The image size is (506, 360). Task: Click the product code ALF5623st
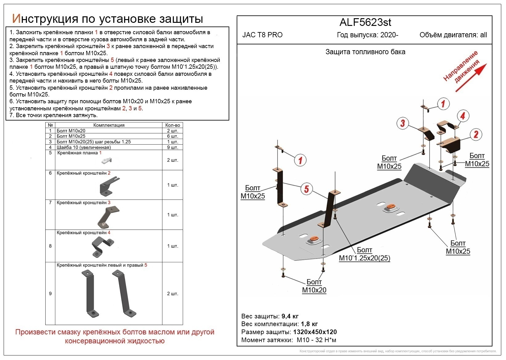365,22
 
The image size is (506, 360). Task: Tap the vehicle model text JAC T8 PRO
262,35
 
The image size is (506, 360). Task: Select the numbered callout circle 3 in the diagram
402,124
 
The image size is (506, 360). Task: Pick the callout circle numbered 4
463,116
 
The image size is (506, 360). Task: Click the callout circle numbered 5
306,189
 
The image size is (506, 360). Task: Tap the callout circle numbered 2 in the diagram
476,134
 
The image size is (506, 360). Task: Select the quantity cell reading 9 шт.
173,147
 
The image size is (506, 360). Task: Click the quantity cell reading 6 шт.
173,136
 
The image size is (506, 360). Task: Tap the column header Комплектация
109,125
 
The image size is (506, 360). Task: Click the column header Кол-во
173,125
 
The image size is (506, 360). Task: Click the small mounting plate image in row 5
107,160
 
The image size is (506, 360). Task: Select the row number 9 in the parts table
50,293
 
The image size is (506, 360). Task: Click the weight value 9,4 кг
290,316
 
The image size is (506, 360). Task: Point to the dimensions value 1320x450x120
315,332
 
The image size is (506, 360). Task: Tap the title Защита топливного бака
365,52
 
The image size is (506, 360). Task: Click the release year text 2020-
389,35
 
